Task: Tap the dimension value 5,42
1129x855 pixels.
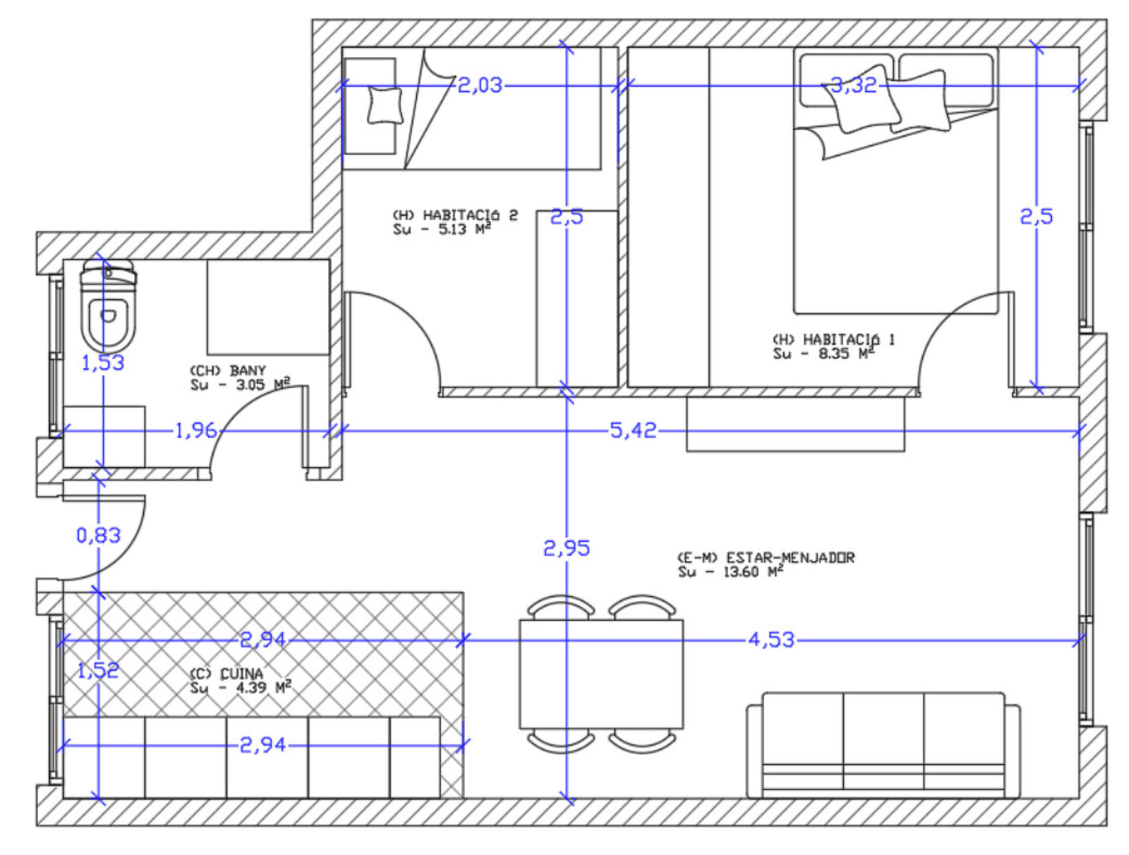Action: (x=633, y=430)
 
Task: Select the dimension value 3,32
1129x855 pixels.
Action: (x=853, y=85)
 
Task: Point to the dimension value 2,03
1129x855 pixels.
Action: (x=479, y=85)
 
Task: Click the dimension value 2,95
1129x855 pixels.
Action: (x=566, y=548)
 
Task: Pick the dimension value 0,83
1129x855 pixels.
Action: (x=98, y=535)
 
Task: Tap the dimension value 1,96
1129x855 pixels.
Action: (x=195, y=430)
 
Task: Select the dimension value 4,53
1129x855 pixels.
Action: (x=771, y=640)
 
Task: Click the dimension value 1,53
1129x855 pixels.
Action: (x=103, y=363)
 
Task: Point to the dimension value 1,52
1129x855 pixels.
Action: (x=97, y=670)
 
